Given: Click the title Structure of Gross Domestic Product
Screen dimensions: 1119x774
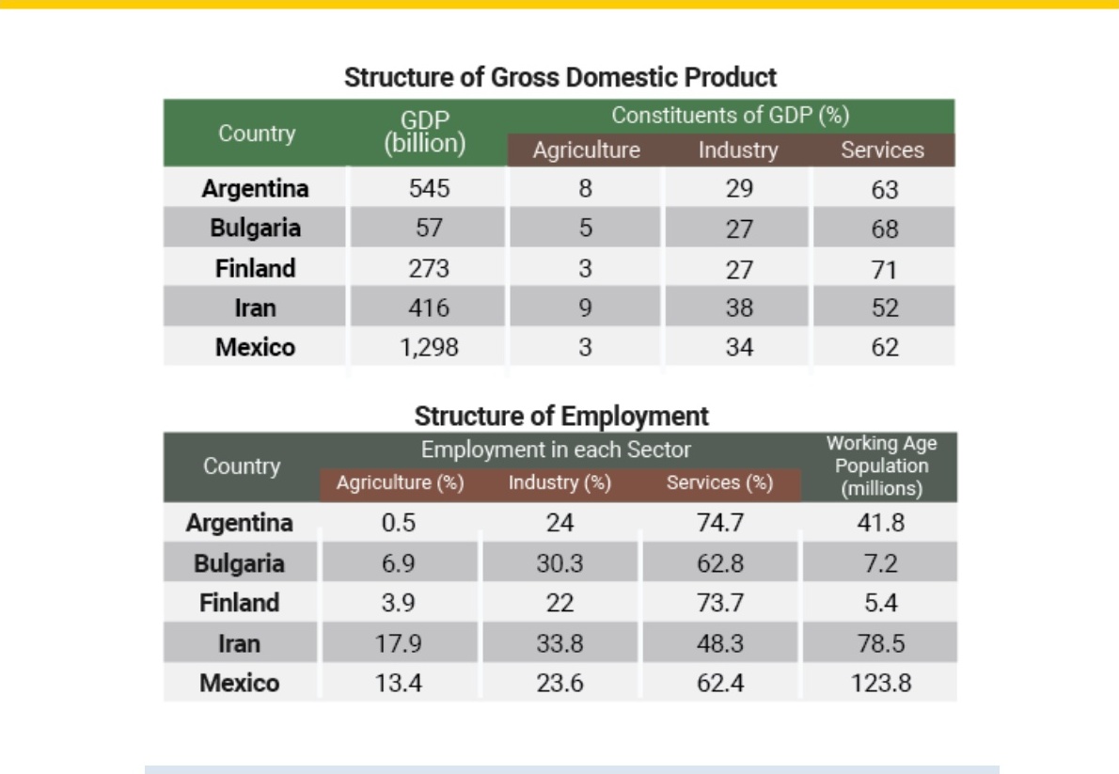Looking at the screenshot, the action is point(560,77).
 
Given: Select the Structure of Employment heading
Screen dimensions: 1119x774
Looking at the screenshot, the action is point(561,417).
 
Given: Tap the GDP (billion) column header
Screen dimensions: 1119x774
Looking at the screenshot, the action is point(425,132).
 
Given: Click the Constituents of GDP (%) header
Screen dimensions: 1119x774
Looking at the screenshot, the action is point(730,115).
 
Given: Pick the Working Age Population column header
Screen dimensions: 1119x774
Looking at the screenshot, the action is point(881,466).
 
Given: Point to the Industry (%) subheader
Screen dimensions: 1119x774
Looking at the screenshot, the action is point(559,482).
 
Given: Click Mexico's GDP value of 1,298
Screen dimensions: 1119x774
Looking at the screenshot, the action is point(429,347).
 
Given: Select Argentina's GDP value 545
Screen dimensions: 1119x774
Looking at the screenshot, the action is point(429,188).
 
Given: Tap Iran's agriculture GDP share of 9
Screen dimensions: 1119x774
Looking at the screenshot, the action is point(585,308).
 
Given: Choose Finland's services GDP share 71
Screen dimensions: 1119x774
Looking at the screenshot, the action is point(884,269).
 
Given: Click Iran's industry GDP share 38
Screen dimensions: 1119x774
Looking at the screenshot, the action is point(738,308).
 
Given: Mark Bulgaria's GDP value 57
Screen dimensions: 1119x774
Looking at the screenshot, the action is point(429,228).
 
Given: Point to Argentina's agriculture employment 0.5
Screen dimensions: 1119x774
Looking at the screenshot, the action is point(398,523).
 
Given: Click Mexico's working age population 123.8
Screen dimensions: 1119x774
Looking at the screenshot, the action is point(881,683).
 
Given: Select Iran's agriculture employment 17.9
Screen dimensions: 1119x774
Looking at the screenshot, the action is point(398,643).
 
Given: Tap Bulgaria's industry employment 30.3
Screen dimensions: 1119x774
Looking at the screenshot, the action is point(559,563).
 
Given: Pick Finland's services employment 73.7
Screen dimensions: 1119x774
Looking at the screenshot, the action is point(720,603).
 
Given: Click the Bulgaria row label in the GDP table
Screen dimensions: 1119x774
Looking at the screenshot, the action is point(255,228).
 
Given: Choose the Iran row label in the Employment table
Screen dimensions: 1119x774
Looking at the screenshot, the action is point(239,643).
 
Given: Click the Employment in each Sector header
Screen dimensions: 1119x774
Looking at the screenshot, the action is point(556,450).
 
